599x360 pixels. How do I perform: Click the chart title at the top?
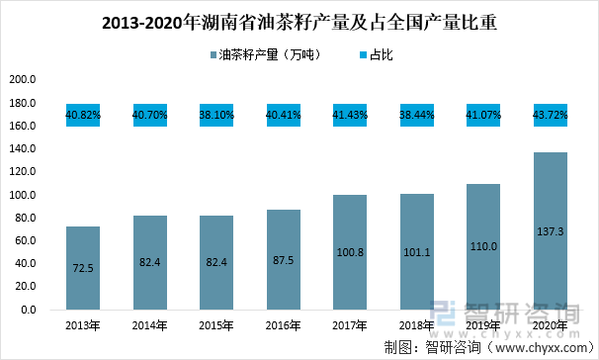[x=299, y=23]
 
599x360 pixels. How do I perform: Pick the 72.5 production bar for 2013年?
[x=83, y=268]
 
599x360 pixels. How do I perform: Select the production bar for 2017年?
[x=349, y=252]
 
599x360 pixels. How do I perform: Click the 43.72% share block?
[x=550, y=115]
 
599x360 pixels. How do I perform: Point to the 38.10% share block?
[x=216, y=115]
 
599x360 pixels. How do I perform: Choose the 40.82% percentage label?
[x=83, y=115]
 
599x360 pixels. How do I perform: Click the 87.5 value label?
[x=283, y=266]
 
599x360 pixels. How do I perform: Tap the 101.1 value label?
[x=416, y=266]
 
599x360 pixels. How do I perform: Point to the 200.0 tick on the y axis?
[x=23, y=80]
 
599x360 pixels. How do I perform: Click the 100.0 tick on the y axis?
[x=23, y=195]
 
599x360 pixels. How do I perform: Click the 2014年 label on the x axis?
[x=149, y=324]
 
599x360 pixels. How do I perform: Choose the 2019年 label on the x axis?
[x=482, y=324]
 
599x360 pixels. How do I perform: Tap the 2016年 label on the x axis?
[x=283, y=324]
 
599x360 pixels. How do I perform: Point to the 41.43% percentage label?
[x=349, y=115]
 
